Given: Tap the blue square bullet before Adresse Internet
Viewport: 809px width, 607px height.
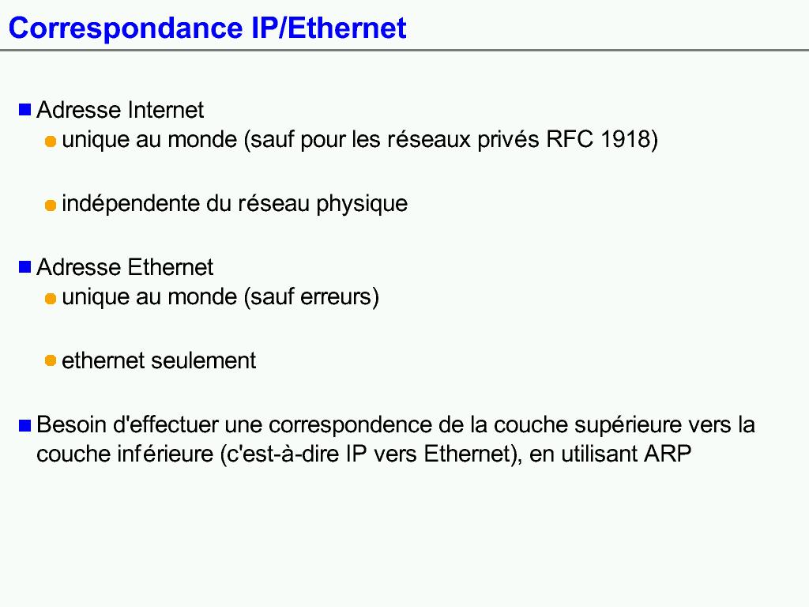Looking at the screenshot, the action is (x=24, y=110).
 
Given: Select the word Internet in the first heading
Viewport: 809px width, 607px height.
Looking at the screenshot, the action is (x=166, y=110).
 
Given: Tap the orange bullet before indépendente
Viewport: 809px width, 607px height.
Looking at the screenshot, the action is (x=51, y=205).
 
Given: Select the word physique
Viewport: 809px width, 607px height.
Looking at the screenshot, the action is (x=362, y=204).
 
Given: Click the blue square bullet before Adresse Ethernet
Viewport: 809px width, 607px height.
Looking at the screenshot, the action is (x=24, y=267).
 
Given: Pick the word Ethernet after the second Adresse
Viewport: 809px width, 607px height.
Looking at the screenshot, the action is (x=171, y=267).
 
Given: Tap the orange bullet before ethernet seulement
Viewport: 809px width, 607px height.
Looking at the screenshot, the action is (x=51, y=360).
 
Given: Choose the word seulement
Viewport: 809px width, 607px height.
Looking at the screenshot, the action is (x=203, y=360).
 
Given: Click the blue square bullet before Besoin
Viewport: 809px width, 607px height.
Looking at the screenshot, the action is (x=24, y=424).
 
